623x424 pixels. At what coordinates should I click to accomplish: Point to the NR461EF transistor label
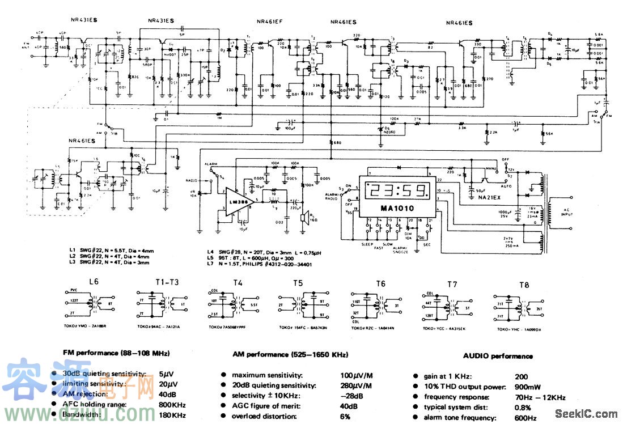coord(269,23)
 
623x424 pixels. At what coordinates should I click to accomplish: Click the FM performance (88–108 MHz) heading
coord(116,354)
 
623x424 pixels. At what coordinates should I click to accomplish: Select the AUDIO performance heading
coord(498,356)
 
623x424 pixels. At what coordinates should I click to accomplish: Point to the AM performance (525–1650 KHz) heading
coord(290,355)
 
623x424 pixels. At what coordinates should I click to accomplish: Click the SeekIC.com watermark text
coord(586,413)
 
